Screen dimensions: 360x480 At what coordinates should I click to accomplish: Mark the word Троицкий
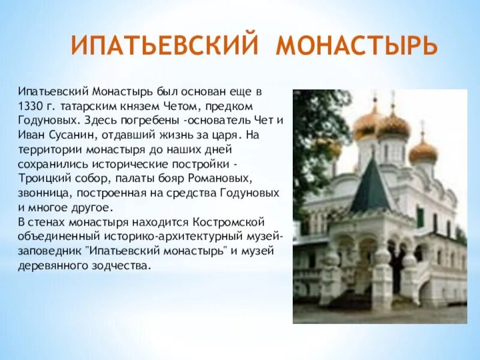click(x=41, y=178)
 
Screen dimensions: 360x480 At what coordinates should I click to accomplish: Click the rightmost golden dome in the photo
click(x=423, y=151)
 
